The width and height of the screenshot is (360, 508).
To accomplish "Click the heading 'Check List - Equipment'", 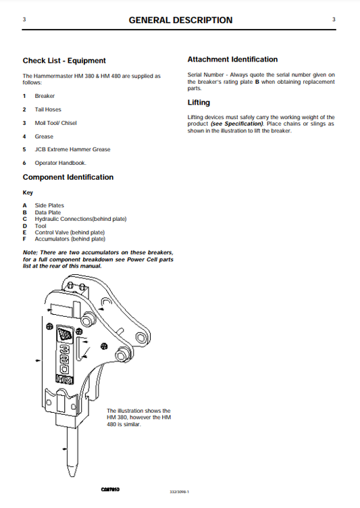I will [64, 61].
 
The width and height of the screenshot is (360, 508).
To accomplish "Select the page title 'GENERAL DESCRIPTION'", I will [180, 20].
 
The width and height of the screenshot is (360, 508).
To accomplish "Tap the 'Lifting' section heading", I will [199, 103].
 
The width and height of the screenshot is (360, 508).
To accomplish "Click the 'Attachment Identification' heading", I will [232, 59].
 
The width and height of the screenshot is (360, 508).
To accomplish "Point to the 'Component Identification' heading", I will [68, 177].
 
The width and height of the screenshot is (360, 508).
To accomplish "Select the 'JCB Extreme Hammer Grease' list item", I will [72, 149].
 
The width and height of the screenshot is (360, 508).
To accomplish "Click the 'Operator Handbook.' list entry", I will [60, 163].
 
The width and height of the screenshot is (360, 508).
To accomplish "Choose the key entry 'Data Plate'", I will [47, 212].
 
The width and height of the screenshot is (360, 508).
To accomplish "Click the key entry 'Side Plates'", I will [49, 205].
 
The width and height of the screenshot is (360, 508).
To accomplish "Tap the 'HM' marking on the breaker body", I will [64, 381].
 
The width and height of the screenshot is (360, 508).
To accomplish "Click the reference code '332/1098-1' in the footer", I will [180, 491].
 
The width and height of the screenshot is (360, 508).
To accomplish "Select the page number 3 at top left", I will [24, 20].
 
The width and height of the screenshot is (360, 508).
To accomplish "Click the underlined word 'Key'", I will [28, 193].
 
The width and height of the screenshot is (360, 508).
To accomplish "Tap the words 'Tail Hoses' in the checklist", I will [48, 109].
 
